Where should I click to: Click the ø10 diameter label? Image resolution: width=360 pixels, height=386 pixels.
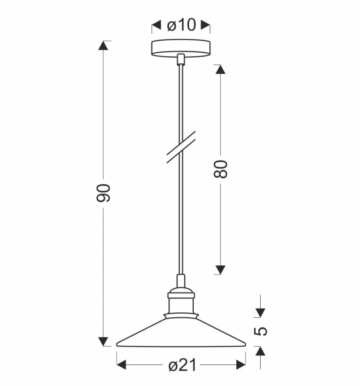(181, 25)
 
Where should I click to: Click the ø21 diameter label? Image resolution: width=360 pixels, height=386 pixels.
(183, 365)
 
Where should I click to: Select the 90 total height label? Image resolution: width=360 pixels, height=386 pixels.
(103, 193)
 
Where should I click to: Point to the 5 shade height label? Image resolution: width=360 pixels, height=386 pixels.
(261, 331)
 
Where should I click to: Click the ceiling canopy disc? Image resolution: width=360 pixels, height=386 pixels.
(181, 48)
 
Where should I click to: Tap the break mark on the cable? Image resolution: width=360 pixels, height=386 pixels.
(181, 147)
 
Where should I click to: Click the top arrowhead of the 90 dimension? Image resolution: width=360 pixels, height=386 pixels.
(103, 46)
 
